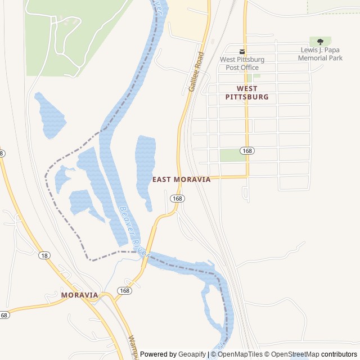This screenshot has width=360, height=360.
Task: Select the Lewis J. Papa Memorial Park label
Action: point(320,54)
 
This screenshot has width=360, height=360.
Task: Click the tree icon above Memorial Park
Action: point(320,42)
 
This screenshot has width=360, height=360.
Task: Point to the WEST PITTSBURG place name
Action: point(247,93)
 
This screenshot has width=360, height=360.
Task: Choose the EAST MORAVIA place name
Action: point(182,179)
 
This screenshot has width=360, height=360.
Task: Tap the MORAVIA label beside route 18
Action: point(79,295)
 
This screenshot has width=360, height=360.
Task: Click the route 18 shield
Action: point(44,256)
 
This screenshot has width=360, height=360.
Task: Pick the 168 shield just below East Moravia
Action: point(177,199)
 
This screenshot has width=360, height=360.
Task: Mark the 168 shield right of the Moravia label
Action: point(124,291)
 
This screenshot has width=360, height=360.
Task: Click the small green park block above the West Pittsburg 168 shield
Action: point(232,155)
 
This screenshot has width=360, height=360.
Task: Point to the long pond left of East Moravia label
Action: point(145,169)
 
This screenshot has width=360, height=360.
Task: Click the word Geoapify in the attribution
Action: point(192,354)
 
